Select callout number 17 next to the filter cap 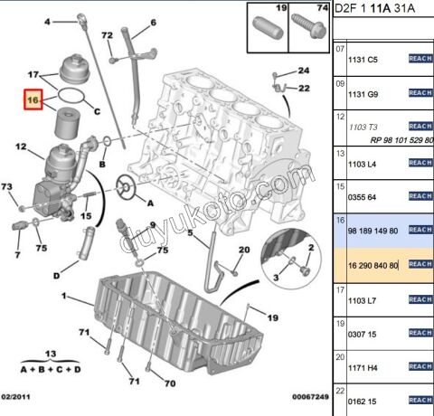pos(33,73)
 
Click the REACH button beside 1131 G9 pos(420,92)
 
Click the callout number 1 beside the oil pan pos(64,297)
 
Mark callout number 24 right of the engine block pos(303,71)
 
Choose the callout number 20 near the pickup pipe pos(243,251)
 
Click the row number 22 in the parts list pos(340,389)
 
